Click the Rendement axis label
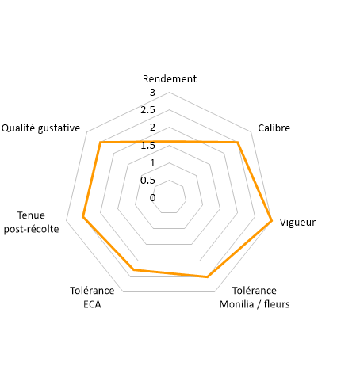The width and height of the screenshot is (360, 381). pos(170,78)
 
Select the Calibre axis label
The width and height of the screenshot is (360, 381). pos(274,128)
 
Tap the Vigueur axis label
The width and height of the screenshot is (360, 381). pos(297,223)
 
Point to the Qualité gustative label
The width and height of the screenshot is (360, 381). pos(40,128)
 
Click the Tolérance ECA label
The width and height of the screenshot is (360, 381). pos(92,297)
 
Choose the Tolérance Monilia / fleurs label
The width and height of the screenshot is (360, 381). pos(255,297)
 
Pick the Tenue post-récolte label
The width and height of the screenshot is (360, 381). pos(31,222)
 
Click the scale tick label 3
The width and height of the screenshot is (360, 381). pos(152,93)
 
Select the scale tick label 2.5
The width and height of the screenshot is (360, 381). pos(147,110)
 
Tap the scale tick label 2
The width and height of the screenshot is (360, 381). pos(152,128)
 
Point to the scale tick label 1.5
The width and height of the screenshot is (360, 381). pos(147,145)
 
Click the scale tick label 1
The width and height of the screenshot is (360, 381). pos(152,163)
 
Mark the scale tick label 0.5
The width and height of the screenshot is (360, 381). pos(147,181)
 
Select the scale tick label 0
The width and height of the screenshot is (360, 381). pos(152,197)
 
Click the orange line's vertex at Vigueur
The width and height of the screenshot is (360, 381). pos(271,220)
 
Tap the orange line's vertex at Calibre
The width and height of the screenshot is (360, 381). pos(238,143)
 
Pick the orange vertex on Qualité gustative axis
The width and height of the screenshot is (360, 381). pos(100,143)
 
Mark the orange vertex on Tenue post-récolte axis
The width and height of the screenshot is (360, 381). pos(82,217)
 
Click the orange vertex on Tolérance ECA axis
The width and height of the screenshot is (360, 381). pos(134,269)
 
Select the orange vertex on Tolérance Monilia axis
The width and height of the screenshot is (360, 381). pos(208,276)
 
